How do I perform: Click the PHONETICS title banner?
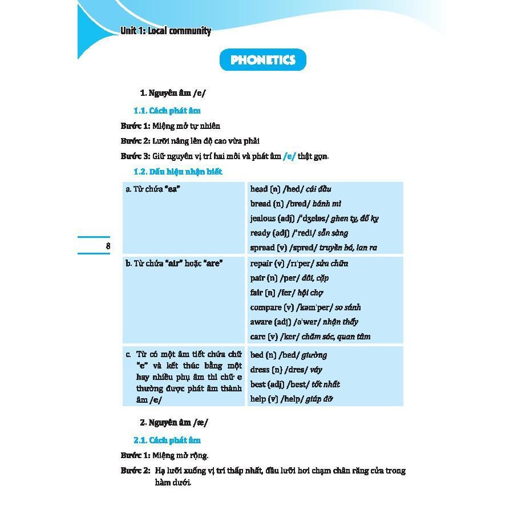click(x=263, y=60)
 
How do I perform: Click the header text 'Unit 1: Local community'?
click(x=165, y=31)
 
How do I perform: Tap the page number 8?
click(x=108, y=246)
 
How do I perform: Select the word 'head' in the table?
click(x=259, y=189)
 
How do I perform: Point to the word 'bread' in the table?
click(x=261, y=204)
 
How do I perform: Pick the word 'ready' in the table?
click(x=260, y=233)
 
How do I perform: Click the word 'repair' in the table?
click(x=261, y=264)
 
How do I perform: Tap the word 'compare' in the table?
click(x=265, y=307)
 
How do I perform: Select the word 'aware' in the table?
click(x=261, y=322)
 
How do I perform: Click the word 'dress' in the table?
click(x=260, y=370)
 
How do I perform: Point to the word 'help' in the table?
click(x=258, y=399)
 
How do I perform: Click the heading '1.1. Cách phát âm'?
click(x=167, y=111)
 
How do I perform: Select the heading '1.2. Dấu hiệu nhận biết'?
click(x=177, y=172)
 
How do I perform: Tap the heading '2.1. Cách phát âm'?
click(x=167, y=440)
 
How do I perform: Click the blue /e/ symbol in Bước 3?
click(x=289, y=156)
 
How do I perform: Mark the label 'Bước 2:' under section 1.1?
click(x=135, y=141)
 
